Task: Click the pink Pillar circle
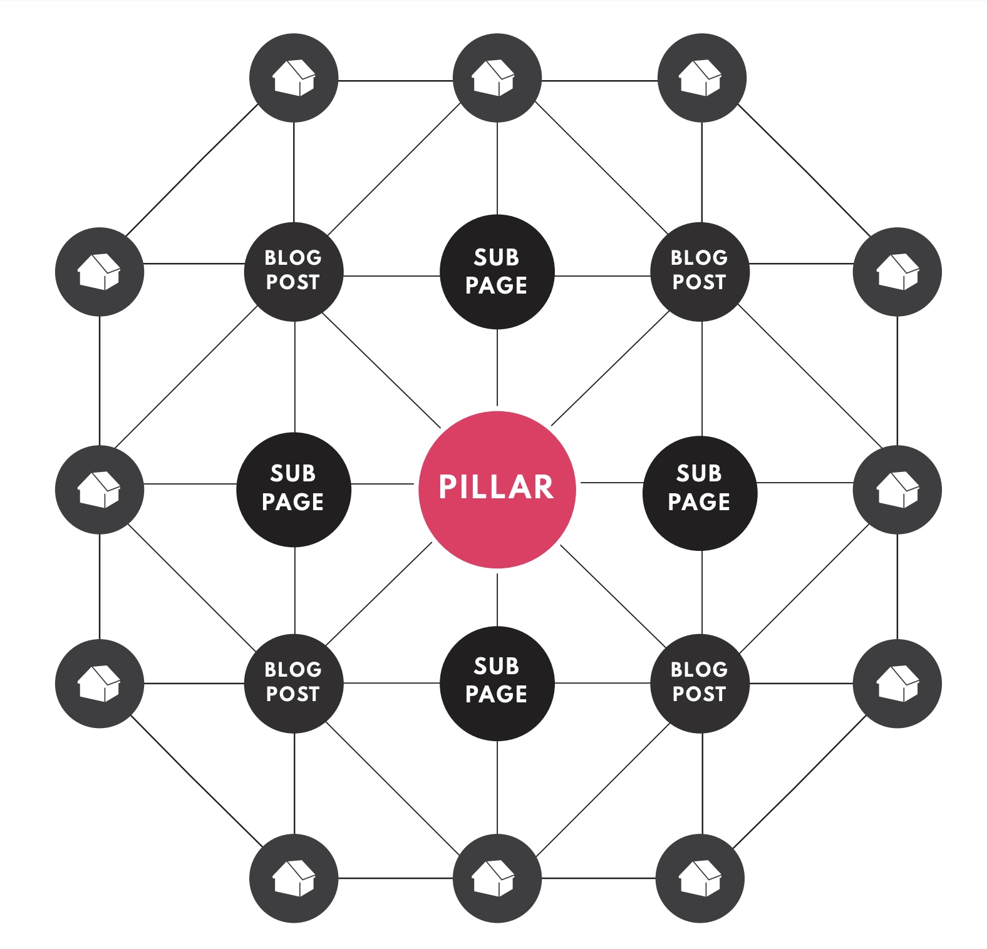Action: pyautogui.click(x=497, y=490)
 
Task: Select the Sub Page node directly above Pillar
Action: pyautogui.click(x=497, y=272)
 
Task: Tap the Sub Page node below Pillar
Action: pyautogui.click(x=497, y=684)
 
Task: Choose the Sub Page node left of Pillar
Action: pyautogui.click(x=294, y=490)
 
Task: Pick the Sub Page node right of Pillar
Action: pyautogui.click(x=700, y=493)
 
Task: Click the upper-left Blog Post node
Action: pyautogui.click(x=294, y=272)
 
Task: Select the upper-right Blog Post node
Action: pyautogui.click(x=700, y=272)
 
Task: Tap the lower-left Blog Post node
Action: pyautogui.click(x=294, y=684)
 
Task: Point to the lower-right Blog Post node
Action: pyautogui.click(x=700, y=684)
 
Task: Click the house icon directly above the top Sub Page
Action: pyautogui.click(x=497, y=78)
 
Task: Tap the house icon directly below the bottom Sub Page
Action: pyautogui.click(x=497, y=878)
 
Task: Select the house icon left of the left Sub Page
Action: pyautogui.click(x=100, y=490)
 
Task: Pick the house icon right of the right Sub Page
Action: pyautogui.click(x=897, y=490)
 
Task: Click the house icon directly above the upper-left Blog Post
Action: pyautogui.click(x=294, y=78)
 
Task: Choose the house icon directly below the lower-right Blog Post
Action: pyautogui.click(x=700, y=878)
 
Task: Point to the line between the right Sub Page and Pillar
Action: pyautogui.click(x=612, y=483)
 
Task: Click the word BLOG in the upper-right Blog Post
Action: pyautogui.click(x=700, y=257)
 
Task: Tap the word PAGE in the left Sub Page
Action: pyautogui.click(x=293, y=502)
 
